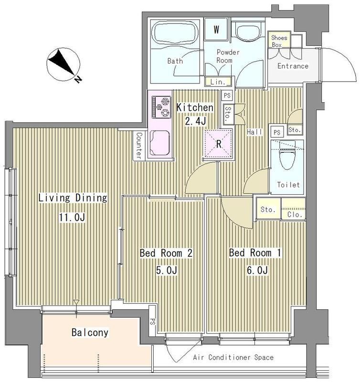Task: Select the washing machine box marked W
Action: pos(216,30)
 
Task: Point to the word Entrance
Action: pos(293,66)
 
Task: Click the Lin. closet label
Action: pos(218,82)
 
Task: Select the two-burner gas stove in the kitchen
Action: pos(161,107)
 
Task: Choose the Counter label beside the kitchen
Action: pos(138,146)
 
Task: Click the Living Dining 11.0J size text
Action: pos(72,218)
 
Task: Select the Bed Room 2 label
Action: pos(165,253)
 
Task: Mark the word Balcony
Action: pos(90,332)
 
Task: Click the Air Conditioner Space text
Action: pos(233,357)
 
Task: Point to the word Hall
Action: pos(254,132)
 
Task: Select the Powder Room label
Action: pos(228,56)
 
